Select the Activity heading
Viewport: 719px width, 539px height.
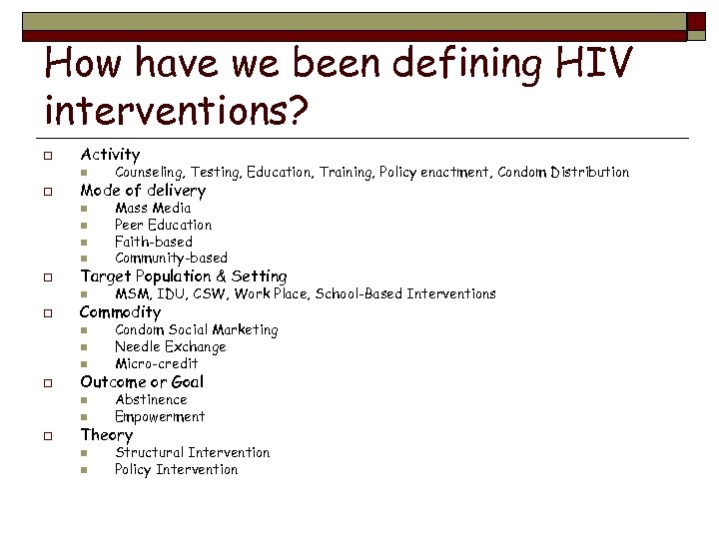pos(110,155)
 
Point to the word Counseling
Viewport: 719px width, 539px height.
pos(149,173)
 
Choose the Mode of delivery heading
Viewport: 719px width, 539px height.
pos(143,191)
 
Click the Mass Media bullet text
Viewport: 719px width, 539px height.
pos(153,209)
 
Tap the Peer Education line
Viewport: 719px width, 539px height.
pos(163,225)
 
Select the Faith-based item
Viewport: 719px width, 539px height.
pos(154,242)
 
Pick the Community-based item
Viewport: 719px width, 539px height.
pos(171,258)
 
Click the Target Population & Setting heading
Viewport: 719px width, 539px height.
pos(183,276)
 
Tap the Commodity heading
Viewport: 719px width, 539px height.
pos(120,312)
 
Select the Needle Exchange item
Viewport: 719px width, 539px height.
pos(170,347)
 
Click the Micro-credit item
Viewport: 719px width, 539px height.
pos(156,363)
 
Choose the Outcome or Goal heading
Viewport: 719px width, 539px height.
pos(142,382)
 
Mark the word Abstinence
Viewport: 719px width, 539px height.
pos(151,399)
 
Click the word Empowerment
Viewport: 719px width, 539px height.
pos(160,416)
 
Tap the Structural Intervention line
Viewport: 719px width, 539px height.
pos(192,452)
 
